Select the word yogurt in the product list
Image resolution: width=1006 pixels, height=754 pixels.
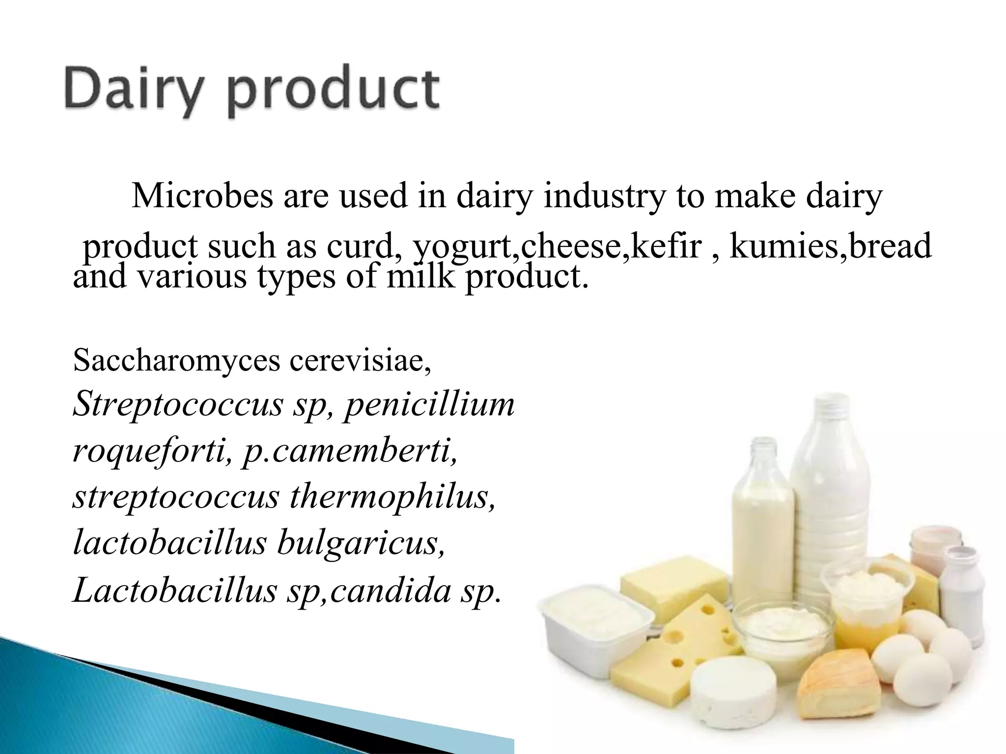click(x=465, y=247)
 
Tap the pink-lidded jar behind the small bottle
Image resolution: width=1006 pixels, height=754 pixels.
click(x=928, y=547)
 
